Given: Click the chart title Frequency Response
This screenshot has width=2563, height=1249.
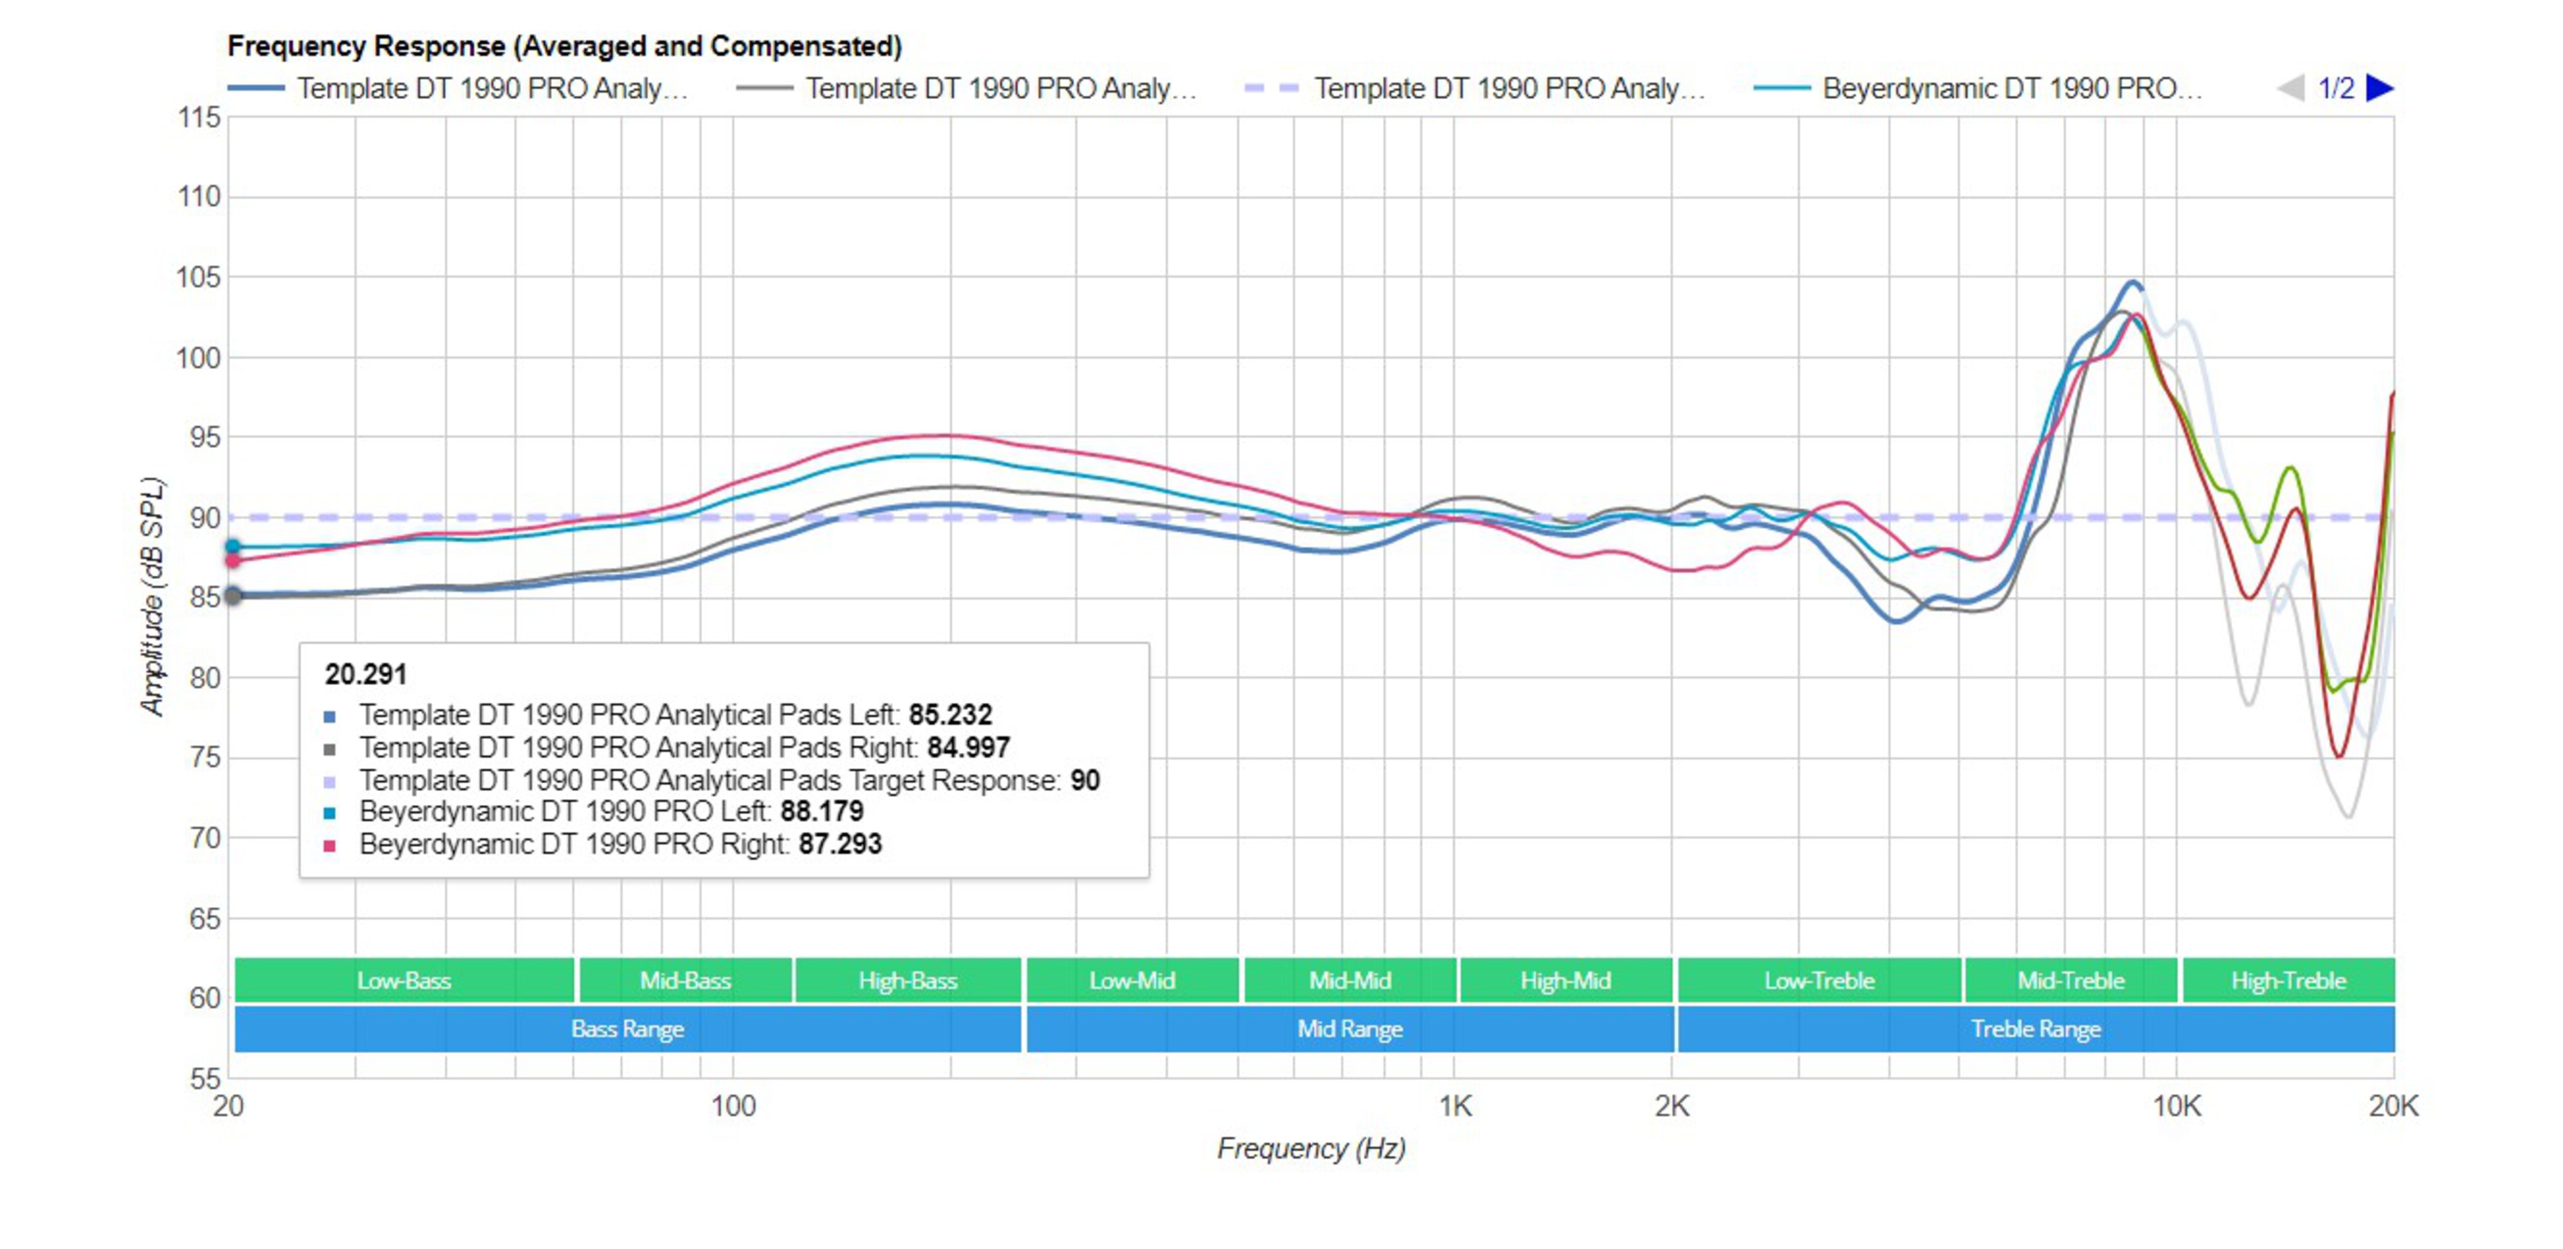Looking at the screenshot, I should pyautogui.click(x=564, y=46).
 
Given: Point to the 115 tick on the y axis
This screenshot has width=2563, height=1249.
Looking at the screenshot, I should pyautogui.click(x=199, y=117).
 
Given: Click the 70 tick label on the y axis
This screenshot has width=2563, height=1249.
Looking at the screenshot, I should pyautogui.click(x=204, y=838).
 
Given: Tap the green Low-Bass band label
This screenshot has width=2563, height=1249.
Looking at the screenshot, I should pyautogui.click(x=404, y=980).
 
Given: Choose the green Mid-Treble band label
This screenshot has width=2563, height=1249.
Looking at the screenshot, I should pyautogui.click(x=2070, y=980).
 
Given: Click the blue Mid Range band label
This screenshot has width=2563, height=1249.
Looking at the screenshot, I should pyautogui.click(x=1349, y=1029).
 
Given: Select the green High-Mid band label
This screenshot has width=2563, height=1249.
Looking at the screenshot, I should pyautogui.click(x=1565, y=980).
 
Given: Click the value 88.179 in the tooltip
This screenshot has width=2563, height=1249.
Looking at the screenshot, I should pyautogui.click(x=821, y=812).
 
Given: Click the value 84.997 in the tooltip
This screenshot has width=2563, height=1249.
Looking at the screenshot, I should pyautogui.click(x=968, y=748).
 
